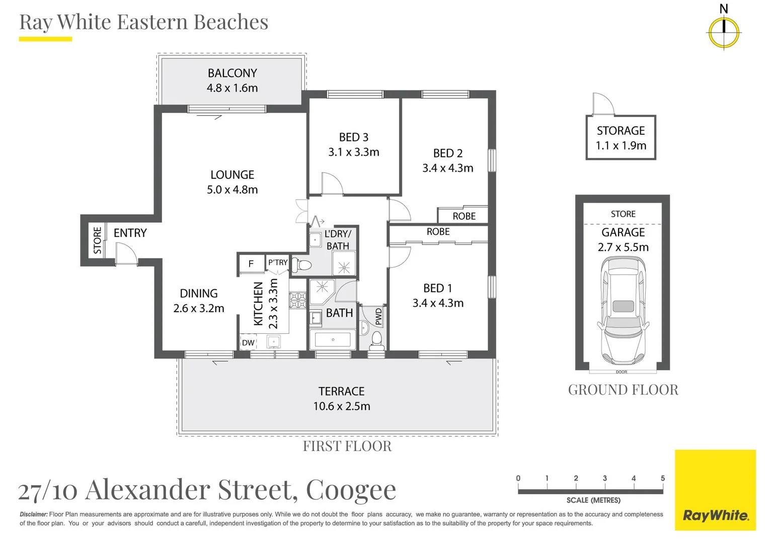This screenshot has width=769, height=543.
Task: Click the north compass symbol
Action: click(x=724, y=33)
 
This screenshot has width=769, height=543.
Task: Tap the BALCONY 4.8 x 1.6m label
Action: click(x=232, y=80)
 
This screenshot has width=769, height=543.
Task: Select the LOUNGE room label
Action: click(x=232, y=175)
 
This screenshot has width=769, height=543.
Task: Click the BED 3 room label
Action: click(x=353, y=137)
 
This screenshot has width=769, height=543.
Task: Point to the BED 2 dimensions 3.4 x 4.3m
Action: click(x=447, y=168)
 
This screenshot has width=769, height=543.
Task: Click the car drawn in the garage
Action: click(x=623, y=311)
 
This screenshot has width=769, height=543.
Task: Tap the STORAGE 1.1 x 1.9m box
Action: click(x=621, y=138)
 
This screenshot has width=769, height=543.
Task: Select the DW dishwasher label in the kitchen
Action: click(x=248, y=343)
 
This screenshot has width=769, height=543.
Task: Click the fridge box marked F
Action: click(x=251, y=263)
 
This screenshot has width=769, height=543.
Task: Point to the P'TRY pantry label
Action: click(x=278, y=262)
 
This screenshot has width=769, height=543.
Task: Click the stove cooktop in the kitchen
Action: click(x=297, y=300)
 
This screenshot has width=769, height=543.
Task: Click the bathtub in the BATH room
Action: click(x=333, y=340)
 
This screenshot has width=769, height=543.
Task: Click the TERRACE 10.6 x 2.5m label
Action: click(x=341, y=399)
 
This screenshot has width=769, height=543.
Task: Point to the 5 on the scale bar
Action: click(x=662, y=478)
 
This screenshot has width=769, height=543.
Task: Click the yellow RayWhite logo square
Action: click(x=715, y=490)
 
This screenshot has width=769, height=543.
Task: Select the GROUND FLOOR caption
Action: click(x=623, y=390)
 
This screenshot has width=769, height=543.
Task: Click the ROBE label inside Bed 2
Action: click(x=464, y=216)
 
